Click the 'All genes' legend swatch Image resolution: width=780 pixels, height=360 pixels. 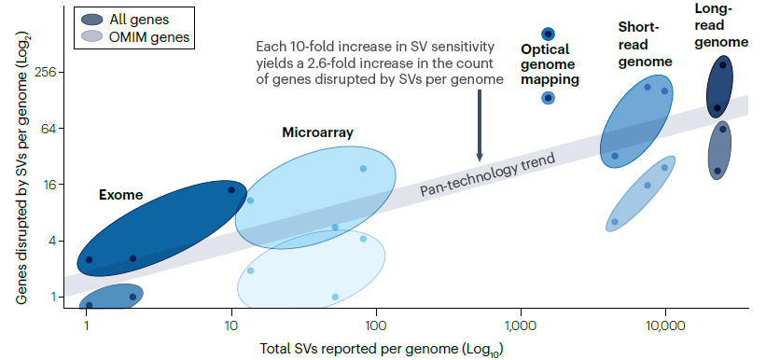click(x=92, y=20)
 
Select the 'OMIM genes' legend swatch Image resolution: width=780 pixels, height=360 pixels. click(x=92, y=36)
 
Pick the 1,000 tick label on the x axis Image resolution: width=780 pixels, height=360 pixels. click(x=521, y=326)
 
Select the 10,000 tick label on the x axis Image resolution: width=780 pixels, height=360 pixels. click(x=665, y=326)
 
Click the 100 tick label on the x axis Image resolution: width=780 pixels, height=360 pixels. click(x=376, y=326)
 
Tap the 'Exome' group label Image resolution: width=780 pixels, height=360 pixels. click(x=121, y=196)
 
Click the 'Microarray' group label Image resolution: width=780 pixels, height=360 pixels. click(x=317, y=132)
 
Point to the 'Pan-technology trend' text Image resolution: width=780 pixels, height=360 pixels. click(x=487, y=175)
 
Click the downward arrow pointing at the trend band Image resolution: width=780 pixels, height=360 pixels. click(x=480, y=125)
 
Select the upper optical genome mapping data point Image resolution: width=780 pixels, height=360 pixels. click(x=549, y=34)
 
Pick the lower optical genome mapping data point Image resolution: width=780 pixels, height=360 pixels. click(x=549, y=98)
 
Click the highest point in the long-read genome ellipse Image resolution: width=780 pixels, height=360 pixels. click(x=723, y=65)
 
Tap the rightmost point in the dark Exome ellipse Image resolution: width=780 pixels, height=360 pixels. click(x=231, y=190)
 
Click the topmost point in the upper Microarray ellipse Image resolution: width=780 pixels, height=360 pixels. click(x=363, y=169)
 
